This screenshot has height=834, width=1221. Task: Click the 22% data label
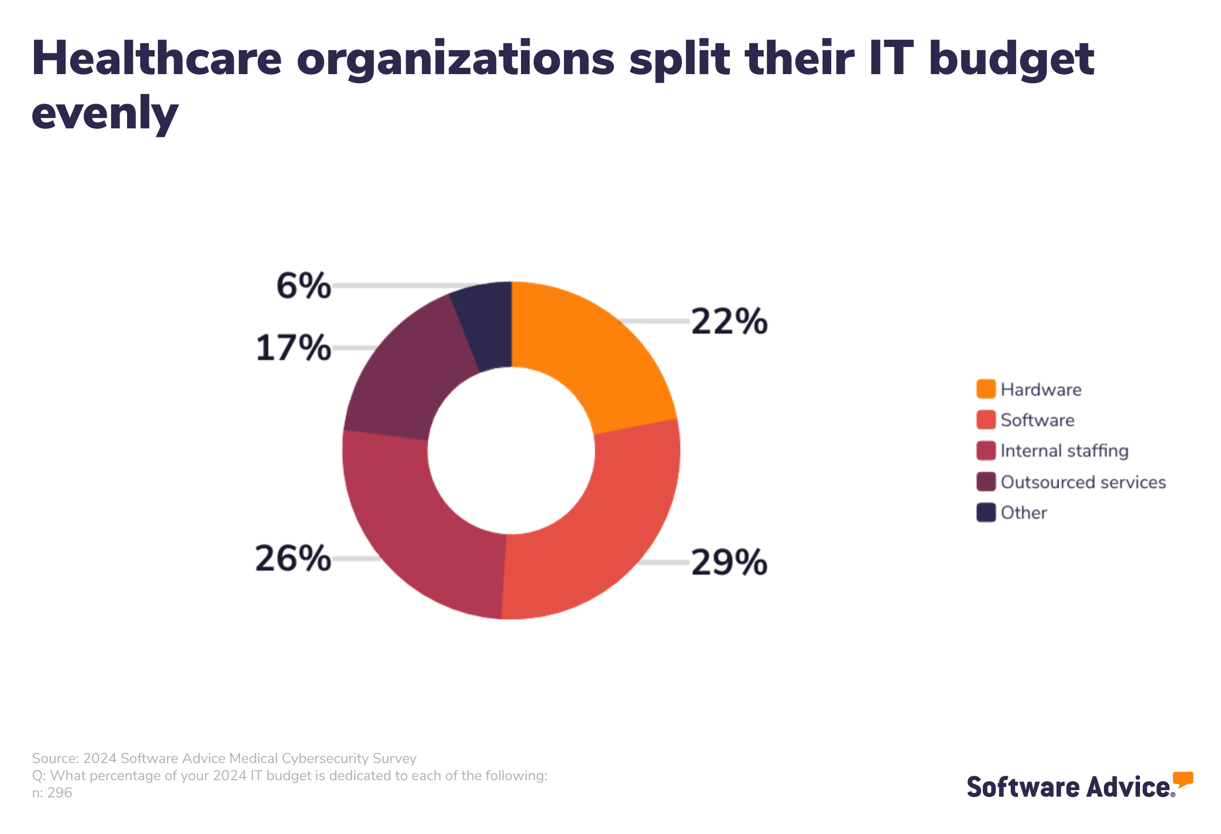pos(729,321)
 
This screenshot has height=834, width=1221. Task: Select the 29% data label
pos(729,562)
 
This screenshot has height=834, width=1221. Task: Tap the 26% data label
pos(293,558)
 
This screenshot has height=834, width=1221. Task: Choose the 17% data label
pos(293,348)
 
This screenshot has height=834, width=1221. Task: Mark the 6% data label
pos(303,286)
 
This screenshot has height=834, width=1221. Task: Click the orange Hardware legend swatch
pos(986,389)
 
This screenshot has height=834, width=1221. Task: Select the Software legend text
pos(1036,420)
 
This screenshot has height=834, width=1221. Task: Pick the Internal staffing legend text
pos(1064,451)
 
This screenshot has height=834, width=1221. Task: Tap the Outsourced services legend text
pos(1082,482)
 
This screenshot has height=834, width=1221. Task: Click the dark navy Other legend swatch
pos(986,513)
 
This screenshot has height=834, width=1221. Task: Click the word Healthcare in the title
pos(156,59)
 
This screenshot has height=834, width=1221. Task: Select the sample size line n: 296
pos(52,793)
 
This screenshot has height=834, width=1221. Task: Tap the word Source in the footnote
pos(55,759)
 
